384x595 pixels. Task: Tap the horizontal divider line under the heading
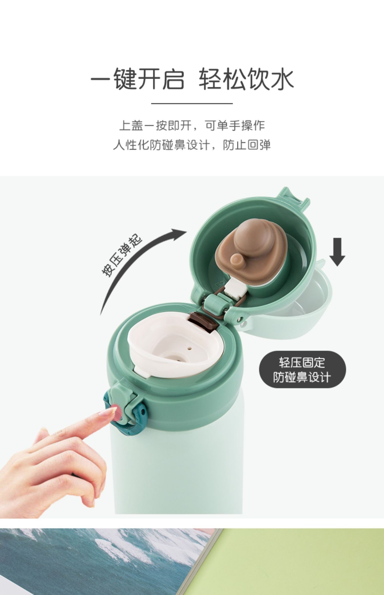pyautogui.click(x=192, y=104)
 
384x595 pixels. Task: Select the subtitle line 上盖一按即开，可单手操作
pyautogui.click(x=192, y=126)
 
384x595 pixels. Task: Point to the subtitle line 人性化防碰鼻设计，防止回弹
pyautogui.click(x=192, y=145)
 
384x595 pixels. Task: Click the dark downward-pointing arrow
pyautogui.click(x=337, y=252)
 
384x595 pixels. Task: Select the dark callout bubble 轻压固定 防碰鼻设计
pyautogui.click(x=303, y=369)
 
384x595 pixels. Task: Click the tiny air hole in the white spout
pyautogui.click(x=189, y=348)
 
